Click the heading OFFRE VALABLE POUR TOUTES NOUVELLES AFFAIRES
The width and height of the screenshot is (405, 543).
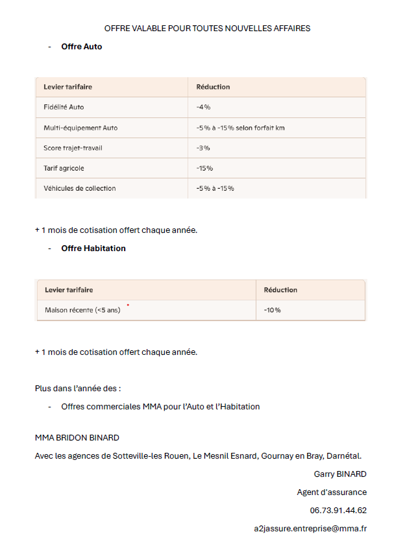tap(207, 29)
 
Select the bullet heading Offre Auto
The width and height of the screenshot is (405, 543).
tap(82, 47)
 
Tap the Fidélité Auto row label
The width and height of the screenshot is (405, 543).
tap(64, 107)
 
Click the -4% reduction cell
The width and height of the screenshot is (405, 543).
tap(203, 107)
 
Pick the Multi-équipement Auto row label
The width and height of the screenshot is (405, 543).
tap(80, 128)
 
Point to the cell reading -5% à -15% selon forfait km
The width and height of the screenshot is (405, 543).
tap(240, 128)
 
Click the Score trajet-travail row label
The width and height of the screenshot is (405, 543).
tap(73, 148)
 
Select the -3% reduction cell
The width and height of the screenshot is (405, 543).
tap(203, 148)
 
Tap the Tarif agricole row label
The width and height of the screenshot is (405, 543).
tap(64, 168)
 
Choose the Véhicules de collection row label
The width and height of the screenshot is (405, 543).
tap(80, 188)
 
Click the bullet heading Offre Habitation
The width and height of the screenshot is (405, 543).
tap(93, 248)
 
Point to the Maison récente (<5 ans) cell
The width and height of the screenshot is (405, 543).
tap(82, 310)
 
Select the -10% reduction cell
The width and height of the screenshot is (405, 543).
tap(273, 310)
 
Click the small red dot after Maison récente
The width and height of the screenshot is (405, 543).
tap(128, 304)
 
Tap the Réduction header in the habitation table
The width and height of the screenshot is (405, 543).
tap(280, 290)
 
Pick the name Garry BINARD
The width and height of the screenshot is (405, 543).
tap(340, 474)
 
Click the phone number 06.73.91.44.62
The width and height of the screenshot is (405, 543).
tap(338, 511)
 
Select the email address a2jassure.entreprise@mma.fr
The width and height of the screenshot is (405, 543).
tap(310, 529)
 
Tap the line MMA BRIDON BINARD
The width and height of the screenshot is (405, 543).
tap(77, 438)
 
